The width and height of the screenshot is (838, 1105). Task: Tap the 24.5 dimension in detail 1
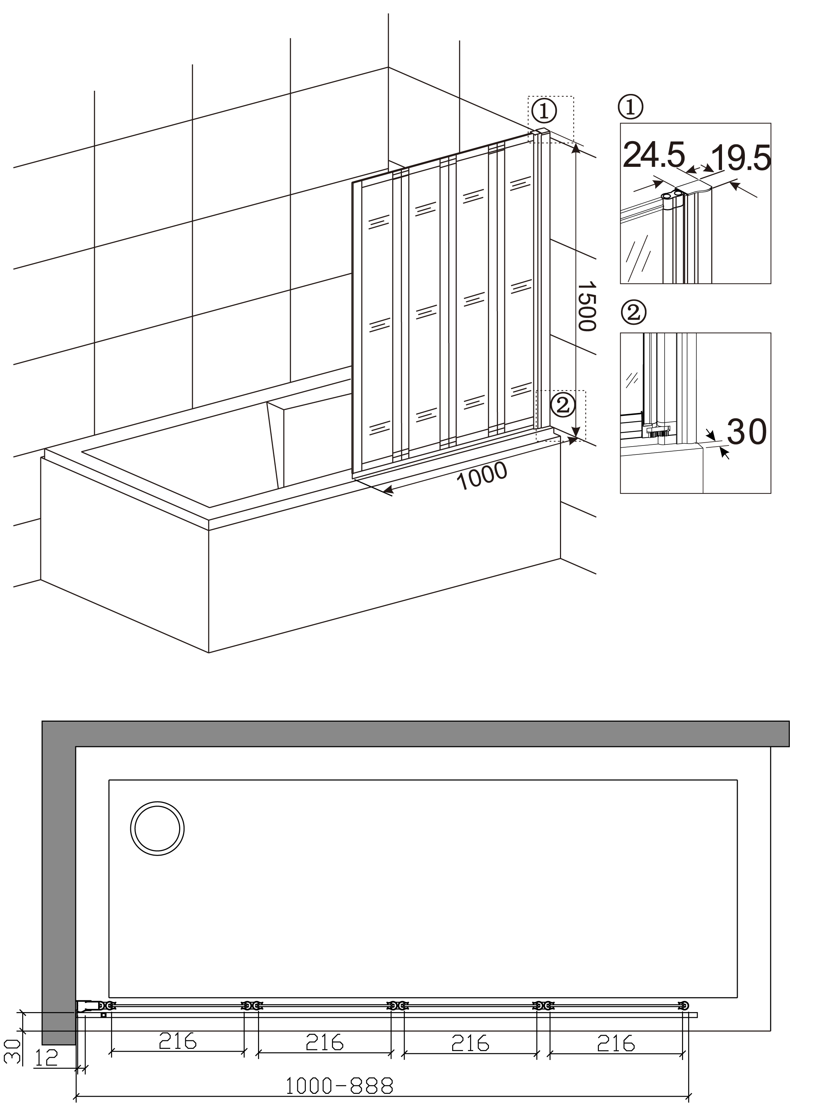[x=654, y=155]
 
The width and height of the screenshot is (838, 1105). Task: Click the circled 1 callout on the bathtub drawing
[x=544, y=110]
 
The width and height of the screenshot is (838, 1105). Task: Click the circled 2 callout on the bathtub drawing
[x=562, y=405]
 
